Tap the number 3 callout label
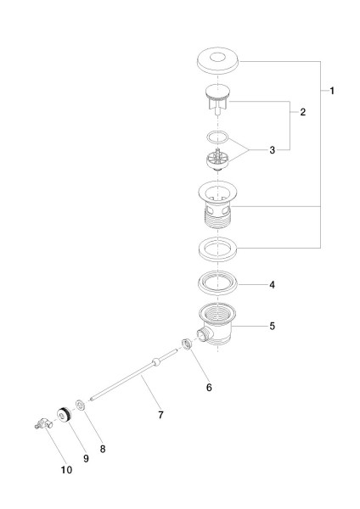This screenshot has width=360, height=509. [x=271, y=150]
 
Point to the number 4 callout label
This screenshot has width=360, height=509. [x=271, y=285]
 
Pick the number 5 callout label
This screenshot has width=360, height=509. [x=271, y=326]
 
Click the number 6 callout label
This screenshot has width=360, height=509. [x=209, y=388]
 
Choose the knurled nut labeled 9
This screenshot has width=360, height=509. [x=62, y=415]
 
